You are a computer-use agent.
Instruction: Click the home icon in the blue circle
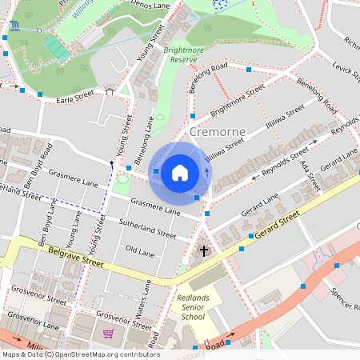point(180,172)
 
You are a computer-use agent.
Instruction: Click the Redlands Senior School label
point(192,307)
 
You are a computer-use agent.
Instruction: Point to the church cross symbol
point(204,251)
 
